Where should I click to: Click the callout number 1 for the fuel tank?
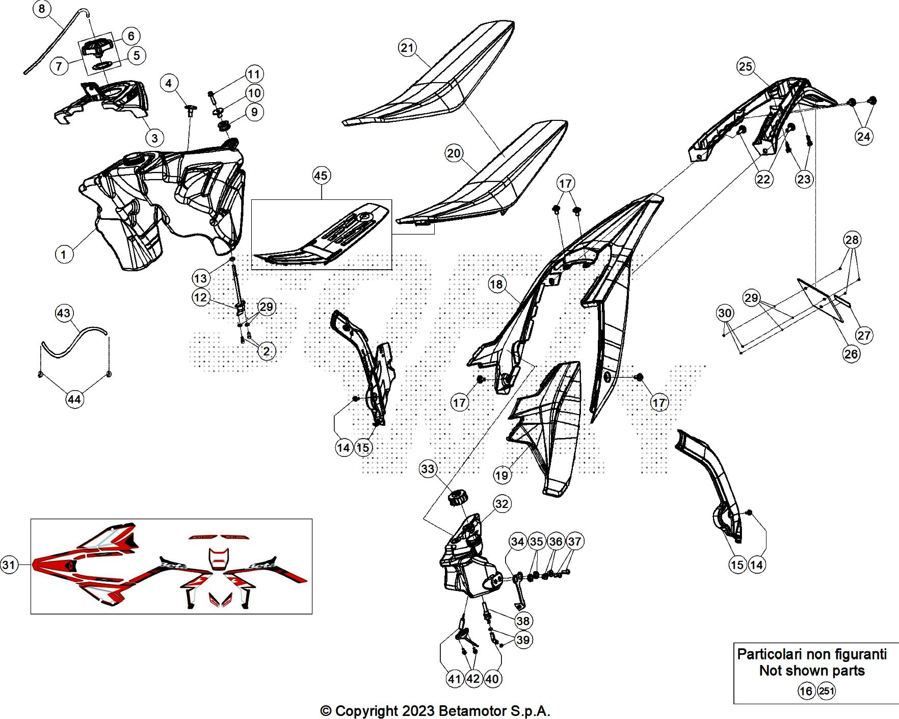coord(64,254)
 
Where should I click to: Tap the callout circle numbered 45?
coord(321,176)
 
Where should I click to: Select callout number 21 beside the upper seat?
coord(407,48)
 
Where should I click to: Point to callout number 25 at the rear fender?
coord(745,66)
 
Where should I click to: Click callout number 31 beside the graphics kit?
coord(9,564)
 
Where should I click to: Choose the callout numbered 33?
coord(428,469)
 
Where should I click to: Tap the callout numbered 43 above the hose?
coord(64,313)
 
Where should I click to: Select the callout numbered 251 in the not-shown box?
coord(826,691)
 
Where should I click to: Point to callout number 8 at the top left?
coord(42,9)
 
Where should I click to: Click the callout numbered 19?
coord(502,476)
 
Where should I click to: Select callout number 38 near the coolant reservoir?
coord(523,621)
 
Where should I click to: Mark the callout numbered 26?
coord(851,354)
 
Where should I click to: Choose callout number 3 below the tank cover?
coord(154,138)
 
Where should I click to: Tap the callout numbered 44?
coord(74,399)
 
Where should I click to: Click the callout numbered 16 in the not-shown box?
coord(806,691)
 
